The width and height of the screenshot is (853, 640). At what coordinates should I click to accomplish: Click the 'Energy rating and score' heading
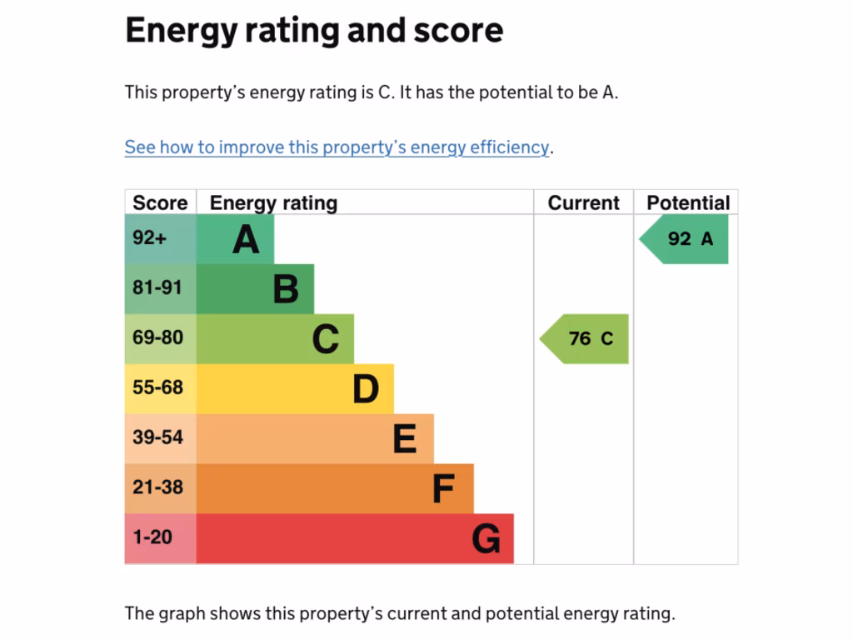pyautogui.click(x=314, y=31)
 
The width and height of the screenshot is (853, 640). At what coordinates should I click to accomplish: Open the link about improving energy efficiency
pyautogui.click(x=337, y=147)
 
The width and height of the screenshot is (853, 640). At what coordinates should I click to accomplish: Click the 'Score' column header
pyautogui.click(x=160, y=202)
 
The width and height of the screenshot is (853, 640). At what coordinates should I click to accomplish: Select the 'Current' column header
pyautogui.click(x=583, y=202)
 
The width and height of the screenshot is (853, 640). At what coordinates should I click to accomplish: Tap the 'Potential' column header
pyautogui.click(x=687, y=202)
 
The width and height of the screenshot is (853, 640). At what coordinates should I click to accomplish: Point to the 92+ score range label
pyautogui.click(x=150, y=238)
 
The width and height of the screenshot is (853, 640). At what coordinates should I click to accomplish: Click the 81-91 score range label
pyautogui.click(x=157, y=288)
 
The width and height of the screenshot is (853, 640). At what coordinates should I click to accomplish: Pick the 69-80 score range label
pyautogui.click(x=157, y=338)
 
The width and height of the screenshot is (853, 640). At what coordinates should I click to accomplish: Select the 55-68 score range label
pyautogui.click(x=157, y=388)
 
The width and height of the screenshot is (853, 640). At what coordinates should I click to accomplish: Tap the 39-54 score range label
pyautogui.click(x=157, y=437)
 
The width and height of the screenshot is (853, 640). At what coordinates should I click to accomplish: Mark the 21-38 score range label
pyautogui.click(x=157, y=487)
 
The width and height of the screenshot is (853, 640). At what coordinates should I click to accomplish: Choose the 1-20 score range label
pyautogui.click(x=152, y=537)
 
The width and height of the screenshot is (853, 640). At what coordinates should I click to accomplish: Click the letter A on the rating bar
pyautogui.click(x=246, y=240)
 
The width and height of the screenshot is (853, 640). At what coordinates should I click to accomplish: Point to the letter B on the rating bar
pyautogui.click(x=286, y=290)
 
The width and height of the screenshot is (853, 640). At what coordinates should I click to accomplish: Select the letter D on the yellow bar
pyautogui.click(x=366, y=389)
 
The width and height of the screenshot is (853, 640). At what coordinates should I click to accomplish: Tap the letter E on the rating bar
pyautogui.click(x=405, y=439)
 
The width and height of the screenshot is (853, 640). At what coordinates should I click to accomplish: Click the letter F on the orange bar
pyautogui.click(x=443, y=489)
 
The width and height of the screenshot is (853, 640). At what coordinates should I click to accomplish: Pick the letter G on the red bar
pyautogui.click(x=486, y=539)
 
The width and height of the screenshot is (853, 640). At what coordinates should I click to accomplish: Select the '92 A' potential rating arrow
pyautogui.click(x=688, y=239)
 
